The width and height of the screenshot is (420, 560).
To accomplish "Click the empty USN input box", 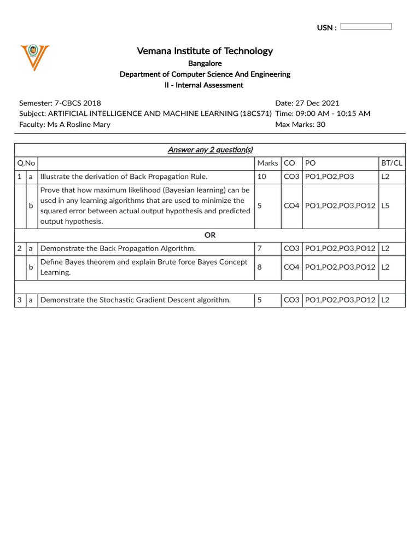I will (x=366, y=26).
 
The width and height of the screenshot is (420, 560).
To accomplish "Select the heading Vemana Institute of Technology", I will (x=205, y=51).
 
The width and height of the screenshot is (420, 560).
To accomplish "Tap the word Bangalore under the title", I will (x=205, y=63).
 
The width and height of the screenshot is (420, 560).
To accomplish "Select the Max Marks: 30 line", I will (x=300, y=125).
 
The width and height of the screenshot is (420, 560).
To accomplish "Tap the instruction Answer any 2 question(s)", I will (x=210, y=150).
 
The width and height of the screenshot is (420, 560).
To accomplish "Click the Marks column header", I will (x=267, y=163).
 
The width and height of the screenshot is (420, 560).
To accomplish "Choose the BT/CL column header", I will (x=392, y=163).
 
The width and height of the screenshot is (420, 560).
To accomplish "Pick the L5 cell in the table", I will (x=385, y=206).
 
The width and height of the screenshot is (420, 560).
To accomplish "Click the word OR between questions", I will (x=210, y=235).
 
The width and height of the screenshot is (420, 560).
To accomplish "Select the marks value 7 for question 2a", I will (x=259, y=248).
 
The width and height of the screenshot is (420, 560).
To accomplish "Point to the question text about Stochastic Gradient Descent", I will (x=136, y=300).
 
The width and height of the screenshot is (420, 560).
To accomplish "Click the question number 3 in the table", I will (x=19, y=300).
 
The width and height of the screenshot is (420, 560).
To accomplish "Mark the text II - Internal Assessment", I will (x=205, y=85).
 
